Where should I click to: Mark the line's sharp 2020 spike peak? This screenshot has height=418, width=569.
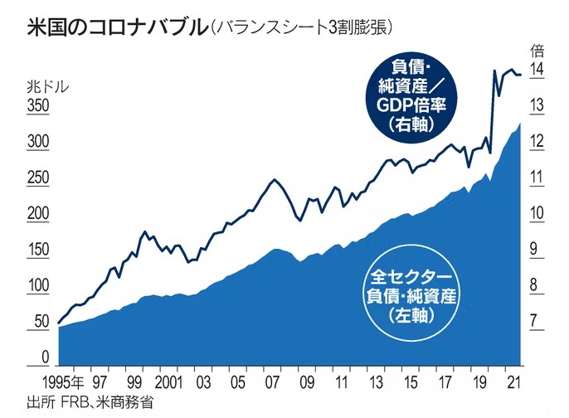pyautogui.click(x=495, y=70)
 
